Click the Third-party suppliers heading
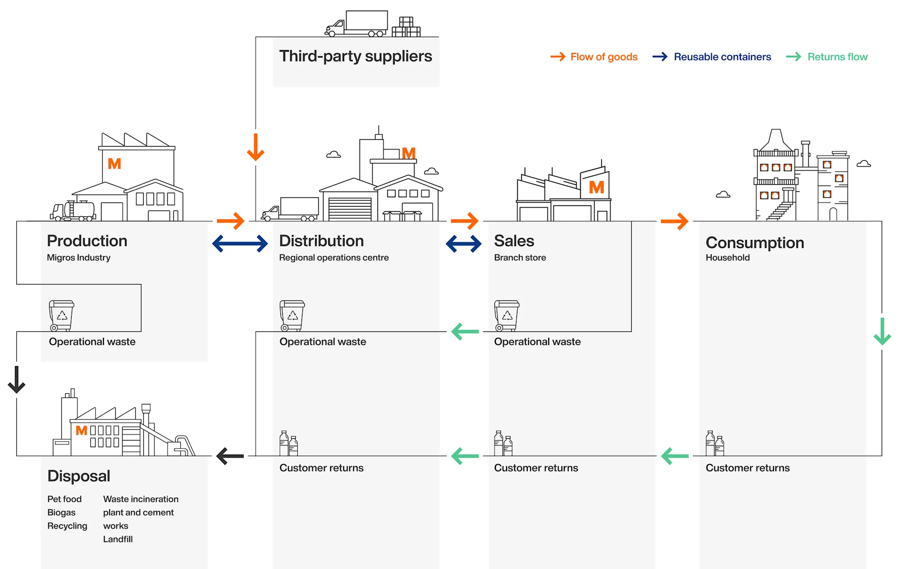pyautogui.click(x=355, y=56)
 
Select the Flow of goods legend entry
pyautogui.click(x=594, y=57)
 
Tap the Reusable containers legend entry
pyautogui.click(x=712, y=57)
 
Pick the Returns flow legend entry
pyautogui.click(x=827, y=57)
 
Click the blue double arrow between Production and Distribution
pyautogui.click(x=240, y=243)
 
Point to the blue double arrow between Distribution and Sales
pyautogui.click(x=464, y=243)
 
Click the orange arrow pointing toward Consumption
pyautogui.click(x=675, y=221)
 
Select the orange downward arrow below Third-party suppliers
pyautogui.click(x=256, y=147)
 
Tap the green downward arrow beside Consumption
pyautogui.click(x=882, y=331)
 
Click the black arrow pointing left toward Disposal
pyautogui.click(x=230, y=456)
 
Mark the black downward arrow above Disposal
pyautogui.click(x=17, y=380)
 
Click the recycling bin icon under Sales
pyautogui.click(x=507, y=315)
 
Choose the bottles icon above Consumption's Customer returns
pyautogui.click(x=715, y=443)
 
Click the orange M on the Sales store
pyautogui.click(x=596, y=187)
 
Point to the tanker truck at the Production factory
pyautogui.click(x=74, y=211)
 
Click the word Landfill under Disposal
pyautogui.click(x=118, y=539)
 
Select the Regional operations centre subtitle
pyautogui.click(x=334, y=257)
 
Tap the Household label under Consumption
pyautogui.click(x=728, y=257)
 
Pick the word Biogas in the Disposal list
pyautogui.click(x=61, y=512)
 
